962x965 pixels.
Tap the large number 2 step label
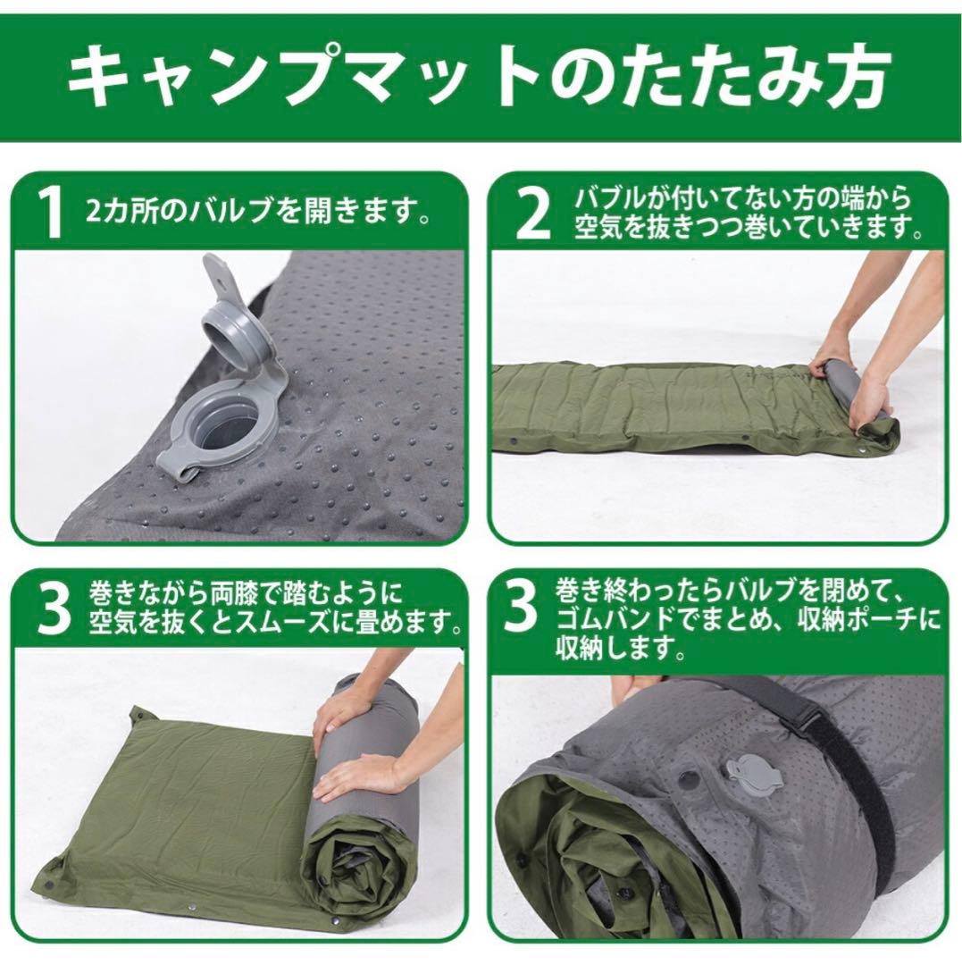click(533, 214)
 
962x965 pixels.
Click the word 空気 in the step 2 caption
click(597, 229)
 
